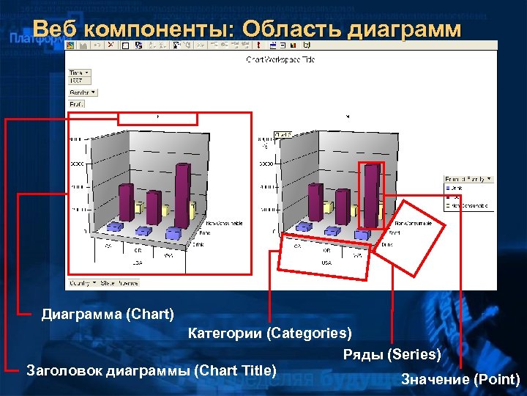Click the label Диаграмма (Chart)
108,314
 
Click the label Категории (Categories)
269,334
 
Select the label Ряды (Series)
392,355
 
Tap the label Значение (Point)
460,379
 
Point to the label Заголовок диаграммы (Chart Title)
151,370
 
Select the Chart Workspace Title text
280,59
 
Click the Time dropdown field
80,73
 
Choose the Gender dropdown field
83,93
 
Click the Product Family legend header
468,178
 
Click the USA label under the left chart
137,261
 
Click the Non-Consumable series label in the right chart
413,222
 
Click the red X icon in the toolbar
111,45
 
